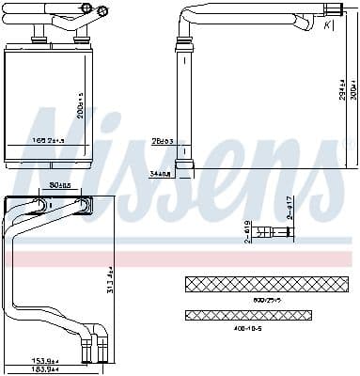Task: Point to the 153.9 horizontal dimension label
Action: [46, 361]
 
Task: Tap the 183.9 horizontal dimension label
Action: [46, 370]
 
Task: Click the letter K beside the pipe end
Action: [326, 25]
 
